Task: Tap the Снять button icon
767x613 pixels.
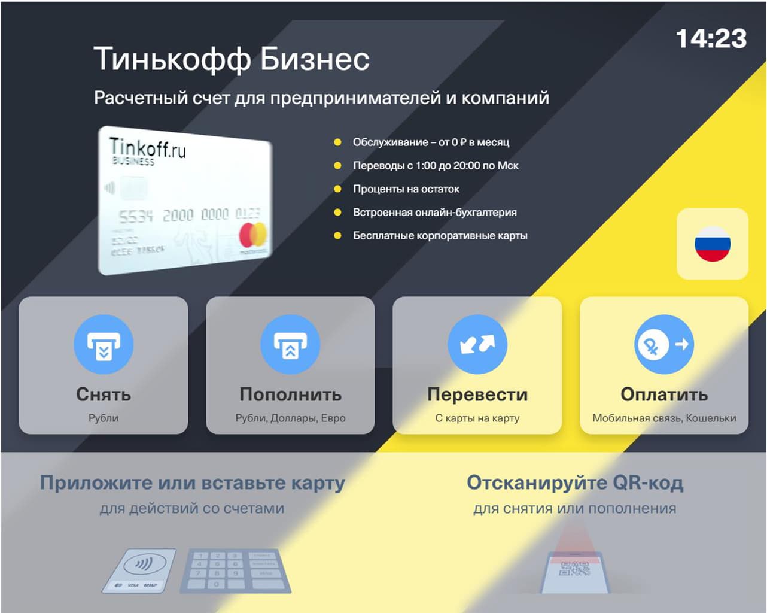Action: [104, 345]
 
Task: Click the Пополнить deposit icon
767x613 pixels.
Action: [290, 345]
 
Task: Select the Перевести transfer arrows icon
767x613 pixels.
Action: [477, 345]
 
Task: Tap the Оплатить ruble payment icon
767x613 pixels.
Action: [664, 345]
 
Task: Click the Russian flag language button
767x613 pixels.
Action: [712, 244]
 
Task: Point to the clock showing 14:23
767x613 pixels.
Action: [711, 39]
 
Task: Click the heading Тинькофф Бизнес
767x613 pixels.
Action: [232, 59]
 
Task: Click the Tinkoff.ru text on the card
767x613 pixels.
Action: [147, 147]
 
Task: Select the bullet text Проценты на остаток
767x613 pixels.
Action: [406, 189]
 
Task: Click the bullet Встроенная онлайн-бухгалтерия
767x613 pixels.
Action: [434, 212]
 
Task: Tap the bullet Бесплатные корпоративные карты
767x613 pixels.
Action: [440, 235]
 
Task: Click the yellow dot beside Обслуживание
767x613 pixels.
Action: [337, 142]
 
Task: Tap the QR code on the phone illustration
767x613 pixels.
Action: [574, 569]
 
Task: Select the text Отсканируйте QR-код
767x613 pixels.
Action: [574, 482]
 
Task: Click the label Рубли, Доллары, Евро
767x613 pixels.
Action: [290, 418]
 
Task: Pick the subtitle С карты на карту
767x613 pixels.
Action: [477, 418]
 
